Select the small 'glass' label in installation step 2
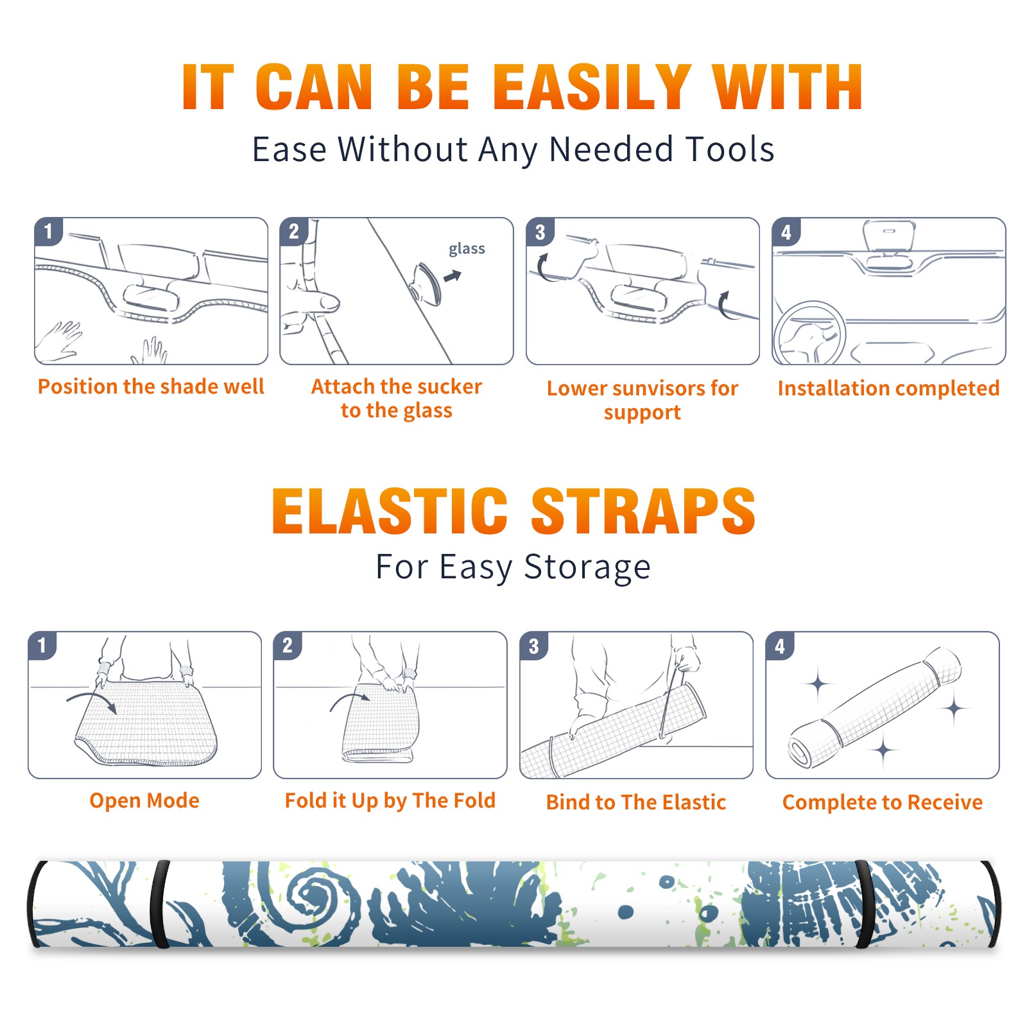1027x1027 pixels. coord(467,249)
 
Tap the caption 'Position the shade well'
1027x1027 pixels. coord(151,386)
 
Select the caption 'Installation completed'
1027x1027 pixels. coord(888,388)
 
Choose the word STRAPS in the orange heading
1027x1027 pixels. coord(643,511)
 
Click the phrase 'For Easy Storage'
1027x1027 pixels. coord(513,567)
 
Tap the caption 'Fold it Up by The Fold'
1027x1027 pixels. coord(390,800)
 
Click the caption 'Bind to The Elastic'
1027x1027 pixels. coord(636,802)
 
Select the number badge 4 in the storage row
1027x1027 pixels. coord(780,646)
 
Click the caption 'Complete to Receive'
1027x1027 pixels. coord(883,802)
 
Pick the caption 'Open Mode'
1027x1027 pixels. coord(144,801)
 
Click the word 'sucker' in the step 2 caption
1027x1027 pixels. coord(449,386)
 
